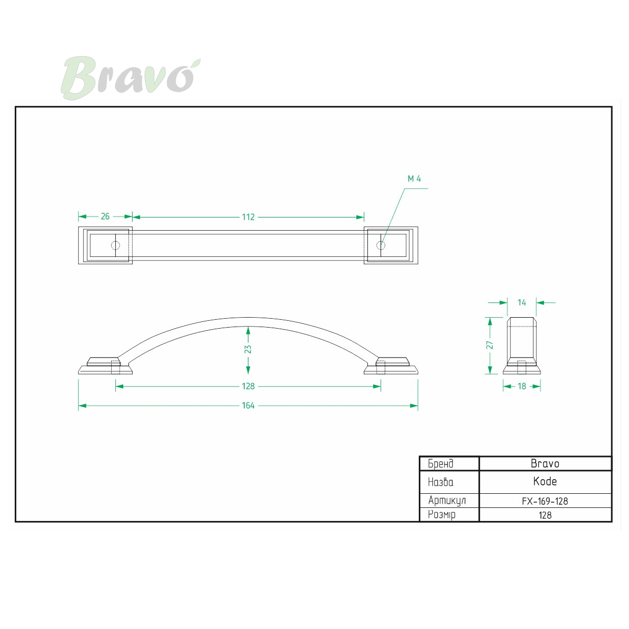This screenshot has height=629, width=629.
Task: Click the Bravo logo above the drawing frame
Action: [131, 78]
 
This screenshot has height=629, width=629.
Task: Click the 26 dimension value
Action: [105, 216]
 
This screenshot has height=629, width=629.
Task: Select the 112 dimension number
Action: [248, 217]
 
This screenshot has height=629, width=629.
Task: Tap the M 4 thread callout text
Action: [414, 179]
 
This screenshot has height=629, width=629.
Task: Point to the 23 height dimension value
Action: [248, 349]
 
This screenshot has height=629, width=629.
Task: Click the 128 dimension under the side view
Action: [248, 386]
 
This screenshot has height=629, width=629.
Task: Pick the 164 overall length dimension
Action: [248, 405]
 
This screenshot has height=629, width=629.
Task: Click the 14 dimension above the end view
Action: [522, 302]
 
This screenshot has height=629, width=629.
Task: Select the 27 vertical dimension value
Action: [490, 345]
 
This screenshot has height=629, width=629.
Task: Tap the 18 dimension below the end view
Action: [522, 386]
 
